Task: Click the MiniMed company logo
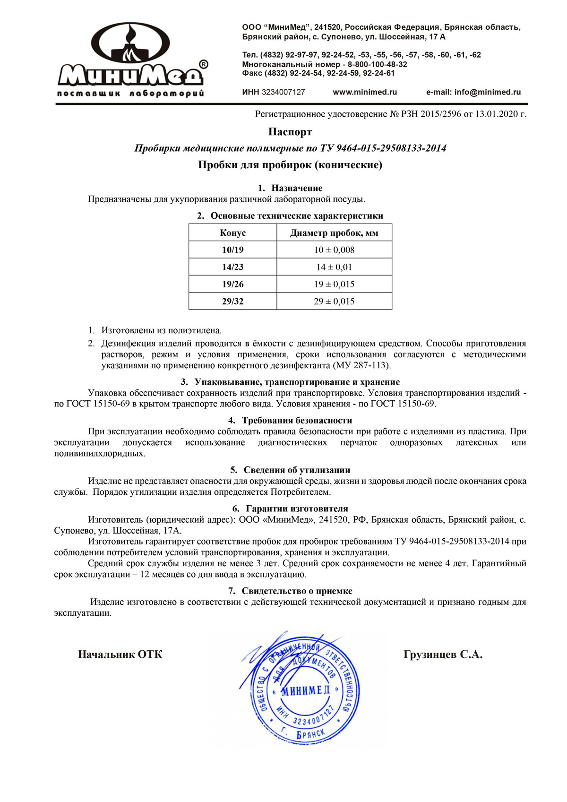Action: [131, 59]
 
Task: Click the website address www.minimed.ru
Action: [365, 92]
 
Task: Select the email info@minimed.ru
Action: [487, 92]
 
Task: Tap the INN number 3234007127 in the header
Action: [283, 92]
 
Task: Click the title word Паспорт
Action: [290, 131]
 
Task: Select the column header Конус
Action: [232, 233]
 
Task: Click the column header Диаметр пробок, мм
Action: [334, 233]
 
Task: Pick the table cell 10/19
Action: [232, 250]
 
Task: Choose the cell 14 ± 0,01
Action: [334, 267]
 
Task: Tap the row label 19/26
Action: [232, 284]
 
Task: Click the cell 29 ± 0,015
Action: [334, 301]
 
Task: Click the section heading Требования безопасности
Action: [297, 420]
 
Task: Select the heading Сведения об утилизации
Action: [297, 470]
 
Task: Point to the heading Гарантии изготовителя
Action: [297, 509]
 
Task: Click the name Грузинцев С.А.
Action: [443, 654]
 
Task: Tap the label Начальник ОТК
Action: [120, 654]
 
